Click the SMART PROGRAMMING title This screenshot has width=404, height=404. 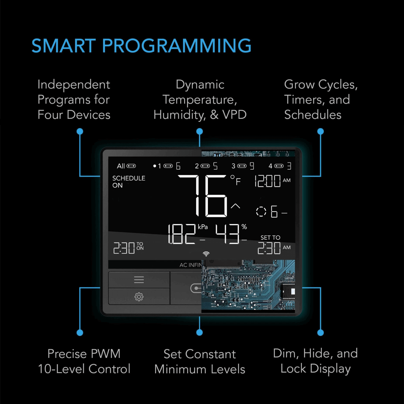[x=141, y=46]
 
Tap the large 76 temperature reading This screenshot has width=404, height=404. [x=203, y=196]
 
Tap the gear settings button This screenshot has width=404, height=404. [x=139, y=297]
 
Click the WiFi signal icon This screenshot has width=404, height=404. [x=206, y=254]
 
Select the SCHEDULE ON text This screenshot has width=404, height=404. [x=129, y=182]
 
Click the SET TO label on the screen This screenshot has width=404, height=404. [x=270, y=238]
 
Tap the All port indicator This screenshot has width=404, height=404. [x=126, y=166]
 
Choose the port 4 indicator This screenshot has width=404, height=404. [x=280, y=166]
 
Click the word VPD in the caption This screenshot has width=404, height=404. [x=234, y=115]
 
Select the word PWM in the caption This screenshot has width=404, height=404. [x=106, y=354]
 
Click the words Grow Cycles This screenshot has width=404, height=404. [x=321, y=85]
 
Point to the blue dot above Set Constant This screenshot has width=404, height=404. [x=200, y=332]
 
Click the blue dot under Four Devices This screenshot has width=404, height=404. [x=80, y=131]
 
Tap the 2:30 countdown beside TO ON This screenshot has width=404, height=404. [x=124, y=248]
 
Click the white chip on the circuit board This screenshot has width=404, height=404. [x=293, y=291]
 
